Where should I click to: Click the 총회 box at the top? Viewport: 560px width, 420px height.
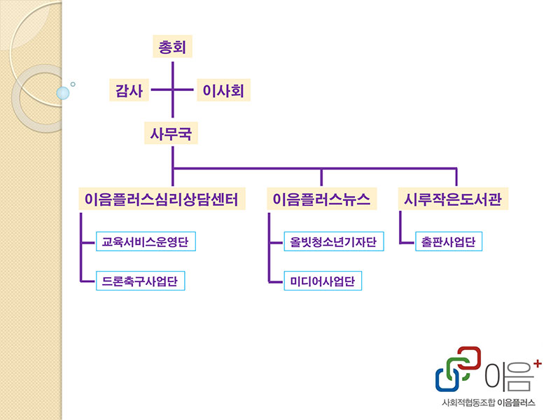[x=172, y=48]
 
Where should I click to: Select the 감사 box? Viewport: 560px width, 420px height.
[x=129, y=90]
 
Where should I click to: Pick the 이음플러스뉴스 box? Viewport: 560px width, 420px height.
[x=321, y=199]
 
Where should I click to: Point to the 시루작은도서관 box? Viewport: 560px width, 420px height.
[x=454, y=199]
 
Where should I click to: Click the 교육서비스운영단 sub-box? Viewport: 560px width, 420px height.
[x=146, y=242]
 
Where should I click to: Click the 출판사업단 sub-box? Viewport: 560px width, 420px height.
[x=449, y=242]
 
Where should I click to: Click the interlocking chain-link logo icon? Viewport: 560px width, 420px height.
[x=458, y=369]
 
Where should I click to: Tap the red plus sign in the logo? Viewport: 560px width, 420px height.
[x=537, y=363]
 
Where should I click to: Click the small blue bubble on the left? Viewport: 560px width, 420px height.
[x=63, y=92]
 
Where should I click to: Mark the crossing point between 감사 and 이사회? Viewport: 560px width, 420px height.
[x=172, y=90]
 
